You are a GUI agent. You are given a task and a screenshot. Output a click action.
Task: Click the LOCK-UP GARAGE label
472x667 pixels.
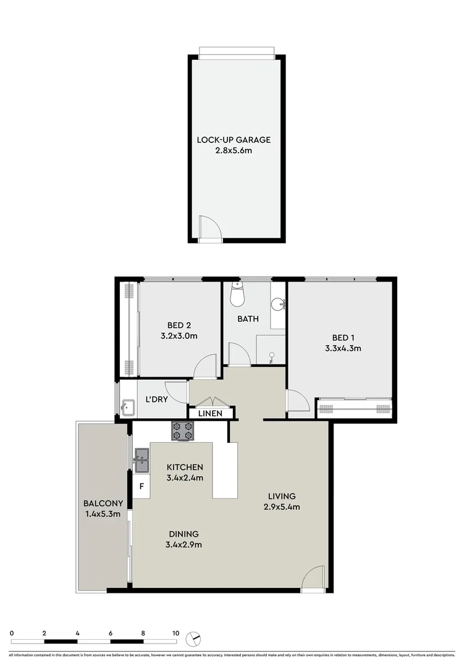coord(234,140)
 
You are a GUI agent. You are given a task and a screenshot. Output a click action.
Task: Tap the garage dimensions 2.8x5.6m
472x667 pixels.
coord(234,150)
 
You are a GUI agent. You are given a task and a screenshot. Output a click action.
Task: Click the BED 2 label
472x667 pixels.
coord(179,326)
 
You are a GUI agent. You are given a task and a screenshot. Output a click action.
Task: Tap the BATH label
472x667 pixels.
coord(248,319)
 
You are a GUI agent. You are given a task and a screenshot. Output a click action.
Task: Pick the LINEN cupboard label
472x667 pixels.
coord(210,413)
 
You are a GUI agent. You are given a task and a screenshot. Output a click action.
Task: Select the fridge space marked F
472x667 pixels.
coord(141,487)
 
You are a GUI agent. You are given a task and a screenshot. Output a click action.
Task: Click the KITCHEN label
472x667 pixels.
coord(184,467)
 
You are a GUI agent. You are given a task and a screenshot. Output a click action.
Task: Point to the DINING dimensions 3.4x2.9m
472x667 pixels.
coord(183,544)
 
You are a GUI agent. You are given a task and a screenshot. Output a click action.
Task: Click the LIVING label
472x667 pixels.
coord(282,496)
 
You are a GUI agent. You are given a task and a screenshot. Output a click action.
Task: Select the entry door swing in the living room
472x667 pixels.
coord(314,579)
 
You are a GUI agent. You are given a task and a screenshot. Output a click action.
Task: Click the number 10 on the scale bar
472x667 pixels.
coord(176,633)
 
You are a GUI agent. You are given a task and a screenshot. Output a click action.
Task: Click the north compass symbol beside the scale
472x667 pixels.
coord(195,638)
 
